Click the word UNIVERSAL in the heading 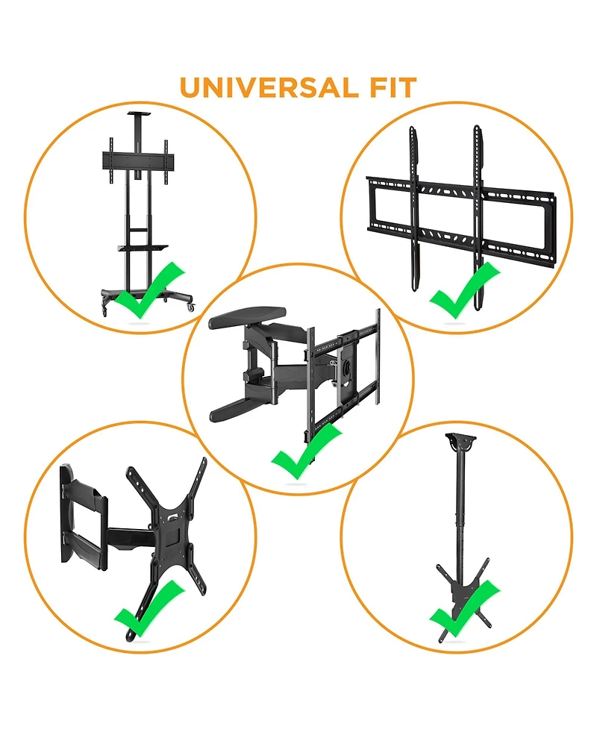[269, 88]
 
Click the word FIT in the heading [393, 88]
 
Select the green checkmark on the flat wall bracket [464, 290]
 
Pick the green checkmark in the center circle [306, 451]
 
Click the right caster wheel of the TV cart [190, 307]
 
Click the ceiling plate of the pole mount [460, 439]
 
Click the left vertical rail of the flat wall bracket [415, 208]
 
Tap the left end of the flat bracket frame [371, 204]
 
